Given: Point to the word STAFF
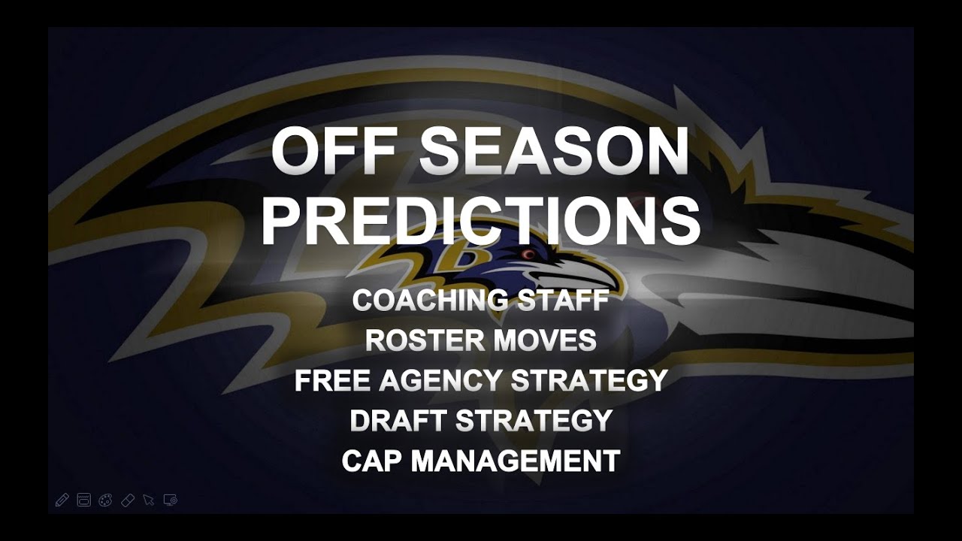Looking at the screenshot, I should (x=563, y=301).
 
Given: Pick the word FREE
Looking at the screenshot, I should (x=331, y=380).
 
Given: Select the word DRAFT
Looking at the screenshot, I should (x=398, y=421).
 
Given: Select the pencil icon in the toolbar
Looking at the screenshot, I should (x=62, y=500).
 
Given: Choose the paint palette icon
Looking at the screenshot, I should (x=105, y=500).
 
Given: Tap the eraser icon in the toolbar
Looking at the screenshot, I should (x=128, y=500).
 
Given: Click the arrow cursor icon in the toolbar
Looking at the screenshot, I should (x=149, y=500).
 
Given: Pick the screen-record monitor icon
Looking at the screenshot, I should (x=171, y=500).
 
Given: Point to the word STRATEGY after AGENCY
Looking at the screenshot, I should (x=590, y=380).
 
